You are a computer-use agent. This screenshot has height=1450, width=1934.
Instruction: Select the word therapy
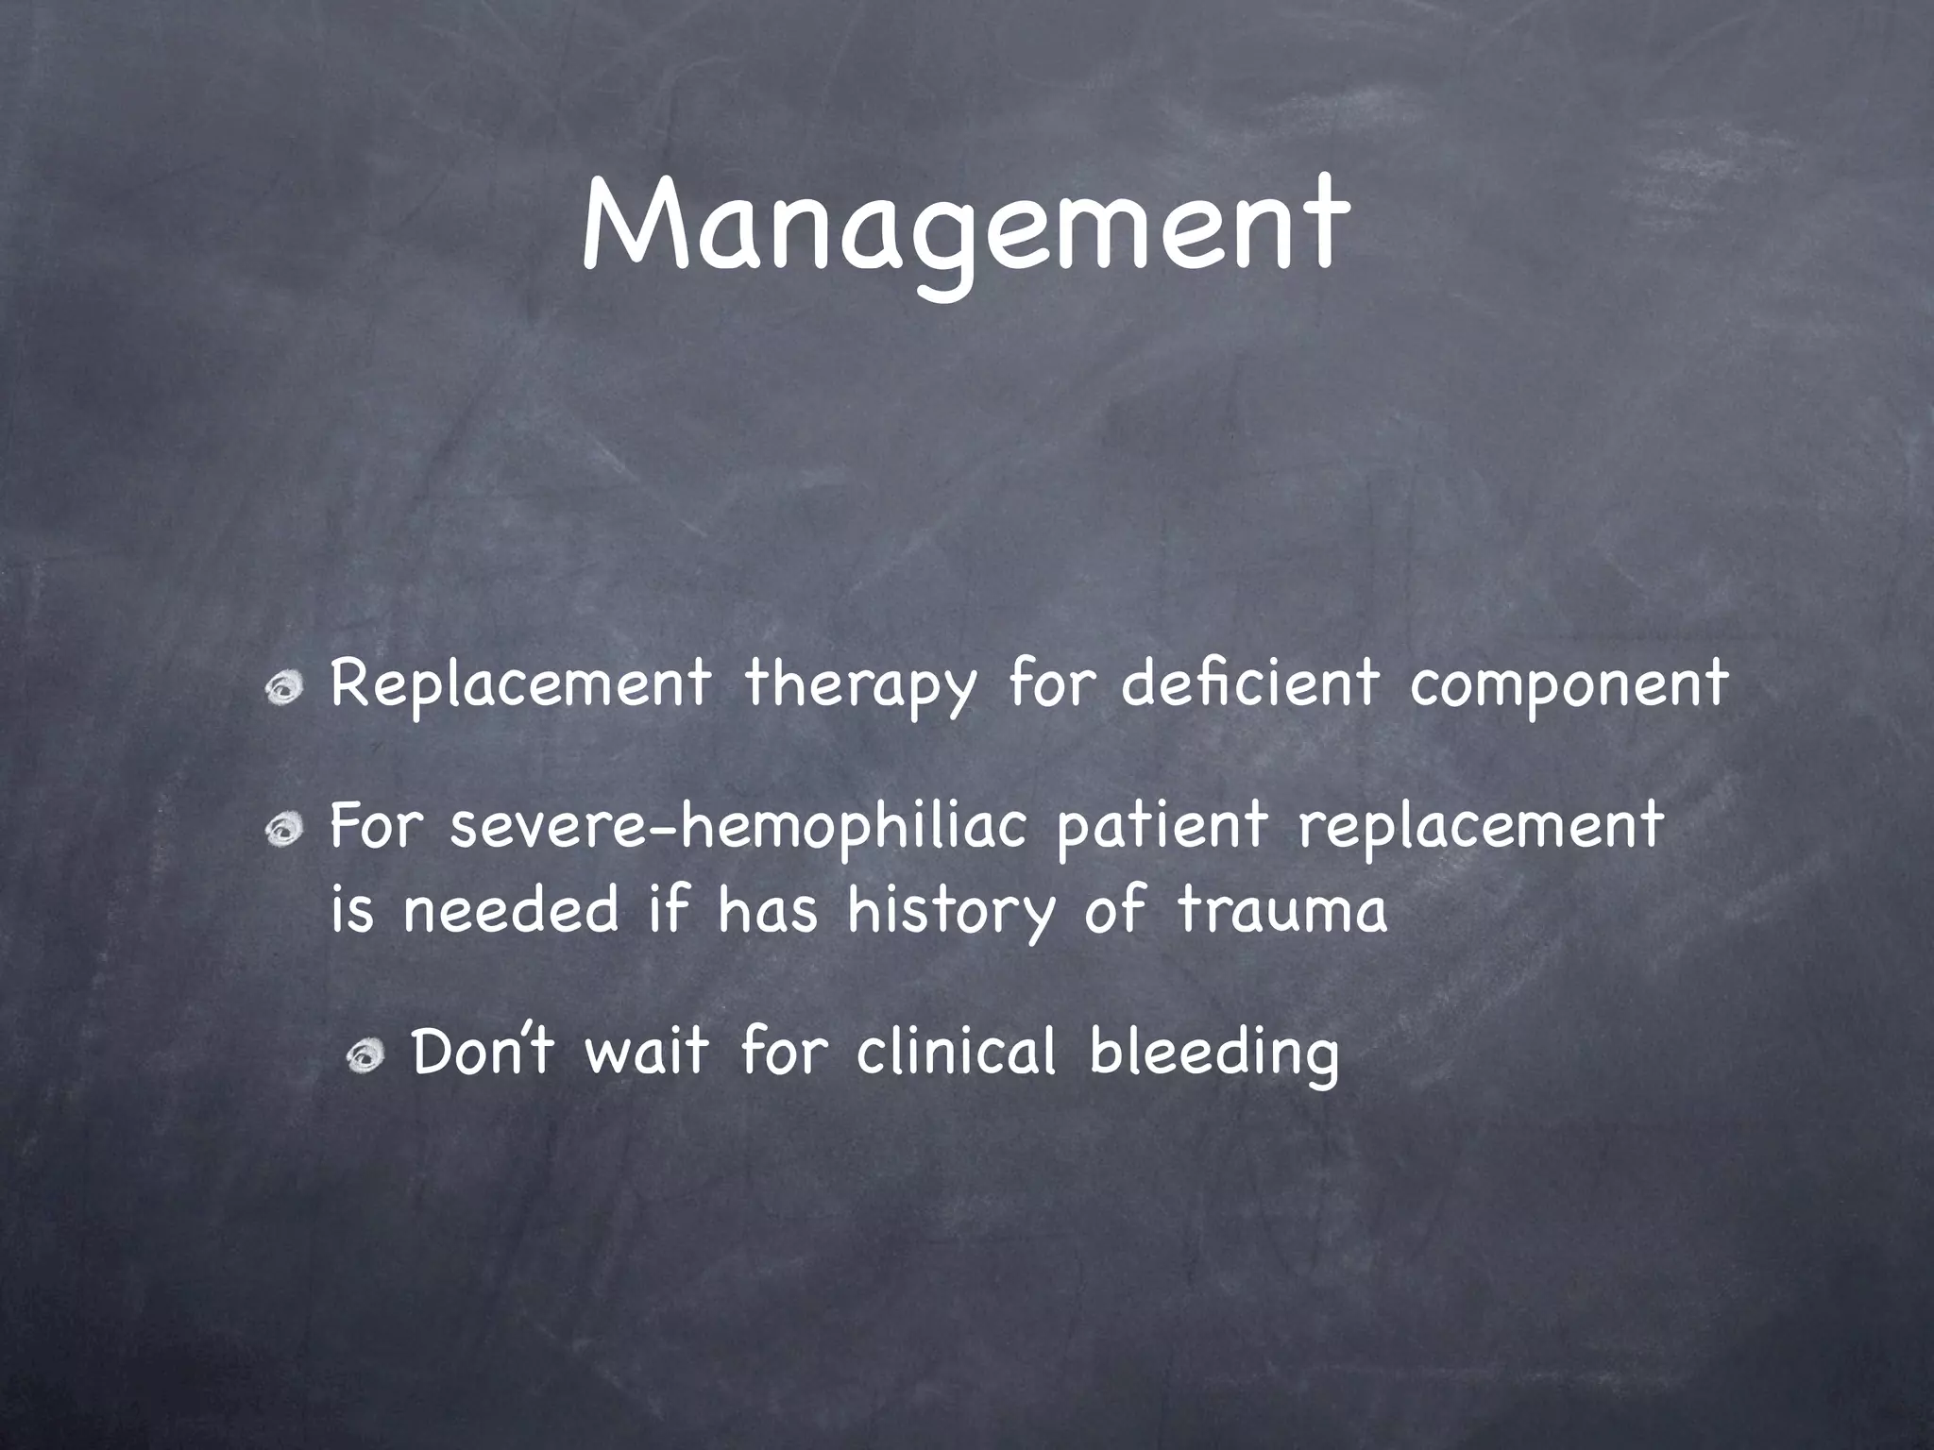click(x=858, y=686)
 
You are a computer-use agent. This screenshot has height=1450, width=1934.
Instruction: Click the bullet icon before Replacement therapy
click(x=283, y=693)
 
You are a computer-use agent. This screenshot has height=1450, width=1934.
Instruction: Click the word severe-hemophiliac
click(x=738, y=826)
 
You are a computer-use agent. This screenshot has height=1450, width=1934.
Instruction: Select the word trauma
click(x=1281, y=911)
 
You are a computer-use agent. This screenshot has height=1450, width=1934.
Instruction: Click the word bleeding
click(x=1213, y=1054)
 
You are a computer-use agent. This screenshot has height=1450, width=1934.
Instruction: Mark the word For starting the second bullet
click(x=373, y=826)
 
